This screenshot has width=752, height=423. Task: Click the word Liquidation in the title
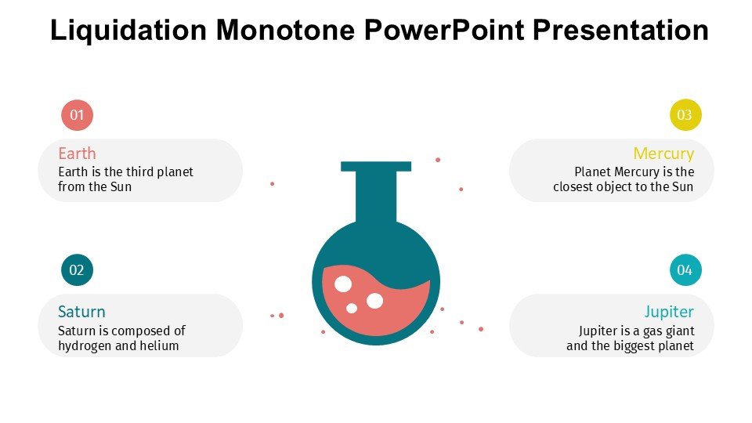pyautogui.click(x=128, y=30)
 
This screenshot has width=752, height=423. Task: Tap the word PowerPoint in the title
pyautogui.click(x=443, y=30)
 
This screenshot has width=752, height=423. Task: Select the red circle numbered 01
pyautogui.click(x=77, y=115)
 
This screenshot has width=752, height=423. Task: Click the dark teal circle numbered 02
pyautogui.click(x=77, y=270)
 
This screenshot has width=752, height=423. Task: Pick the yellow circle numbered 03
pyautogui.click(x=685, y=115)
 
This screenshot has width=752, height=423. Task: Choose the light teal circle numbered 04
pyautogui.click(x=685, y=270)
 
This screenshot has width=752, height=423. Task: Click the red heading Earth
pyautogui.click(x=77, y=154)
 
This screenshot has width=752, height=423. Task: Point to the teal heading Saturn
pyautogui.click(x=81, y=312)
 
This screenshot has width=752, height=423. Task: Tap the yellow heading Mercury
pyautogui.click(x=663, y=154)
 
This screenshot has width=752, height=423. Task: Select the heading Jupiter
pyautogui.click(x=669, y=312)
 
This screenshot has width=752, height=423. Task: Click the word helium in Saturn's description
pyautogui.click(x=159, y=345)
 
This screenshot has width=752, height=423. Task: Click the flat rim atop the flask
pyautogui.click(x=376, y=166)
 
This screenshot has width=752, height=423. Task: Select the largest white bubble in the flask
pyautogui.click(x=343, y=284)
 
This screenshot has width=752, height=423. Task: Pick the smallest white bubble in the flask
pyautogui.click(x=352, y=309)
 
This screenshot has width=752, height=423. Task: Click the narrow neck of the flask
pyautogui.click(x=376, y=197)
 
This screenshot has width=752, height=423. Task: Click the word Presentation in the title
pyautogui.click(x=620, y=30)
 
